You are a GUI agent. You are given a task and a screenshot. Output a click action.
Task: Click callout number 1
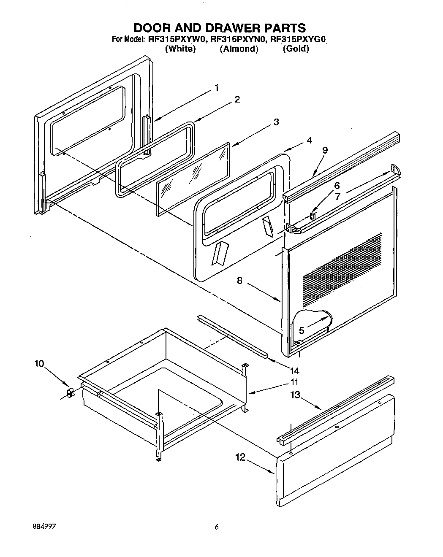216,88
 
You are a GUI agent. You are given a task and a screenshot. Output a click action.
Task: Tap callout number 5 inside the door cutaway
302,330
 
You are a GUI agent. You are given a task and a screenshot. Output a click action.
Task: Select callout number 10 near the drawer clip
39,364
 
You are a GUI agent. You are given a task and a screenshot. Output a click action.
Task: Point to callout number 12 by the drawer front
240,457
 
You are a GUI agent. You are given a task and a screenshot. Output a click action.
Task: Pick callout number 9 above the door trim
325,150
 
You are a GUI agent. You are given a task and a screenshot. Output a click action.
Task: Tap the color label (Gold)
296,49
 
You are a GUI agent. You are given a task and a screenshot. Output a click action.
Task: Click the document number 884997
44,527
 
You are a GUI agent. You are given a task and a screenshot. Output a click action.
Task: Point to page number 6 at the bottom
217,527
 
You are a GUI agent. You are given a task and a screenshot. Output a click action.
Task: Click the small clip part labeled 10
70,393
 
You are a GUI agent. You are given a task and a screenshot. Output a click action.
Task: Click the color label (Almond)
239,49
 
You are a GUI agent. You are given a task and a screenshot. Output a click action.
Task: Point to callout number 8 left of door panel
239,280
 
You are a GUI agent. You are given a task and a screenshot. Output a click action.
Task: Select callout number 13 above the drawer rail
295,395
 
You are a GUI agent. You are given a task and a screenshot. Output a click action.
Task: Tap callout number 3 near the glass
276,122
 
